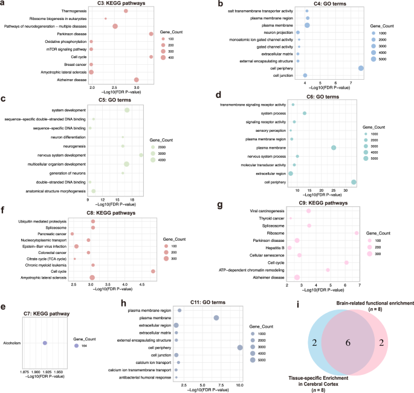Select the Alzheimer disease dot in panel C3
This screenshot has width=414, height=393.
137,80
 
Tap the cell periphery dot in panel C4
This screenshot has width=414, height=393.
361,68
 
